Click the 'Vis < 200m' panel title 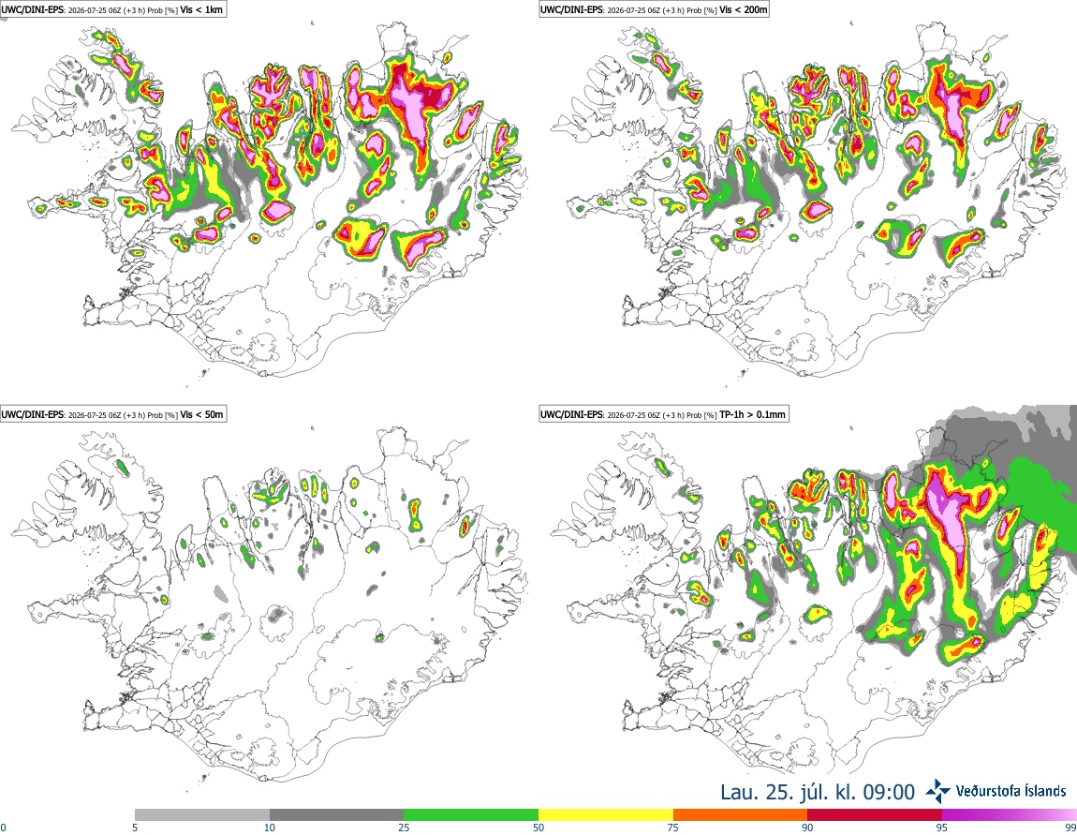point(744,10)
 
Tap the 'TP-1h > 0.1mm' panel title point(752,414)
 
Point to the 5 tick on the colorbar point(135,828)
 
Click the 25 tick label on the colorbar point(404,828)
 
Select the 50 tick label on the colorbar point(538,828)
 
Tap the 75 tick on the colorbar point(673,828)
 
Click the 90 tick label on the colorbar point(807,828)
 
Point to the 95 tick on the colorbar point(942,828)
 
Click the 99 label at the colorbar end point(1070,828)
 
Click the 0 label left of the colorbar point(4,828)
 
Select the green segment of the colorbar point(471,815)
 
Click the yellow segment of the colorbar point(606,815)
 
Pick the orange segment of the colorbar point(740,815)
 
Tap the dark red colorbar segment point(875,815)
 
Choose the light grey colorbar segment point(202,815)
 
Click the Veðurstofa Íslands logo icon point(937,792)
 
